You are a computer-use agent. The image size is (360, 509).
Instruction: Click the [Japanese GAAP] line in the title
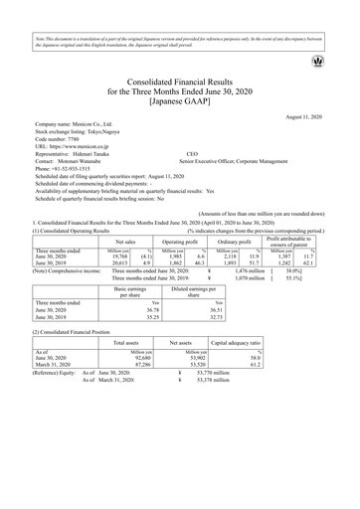tap(180, 101)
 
